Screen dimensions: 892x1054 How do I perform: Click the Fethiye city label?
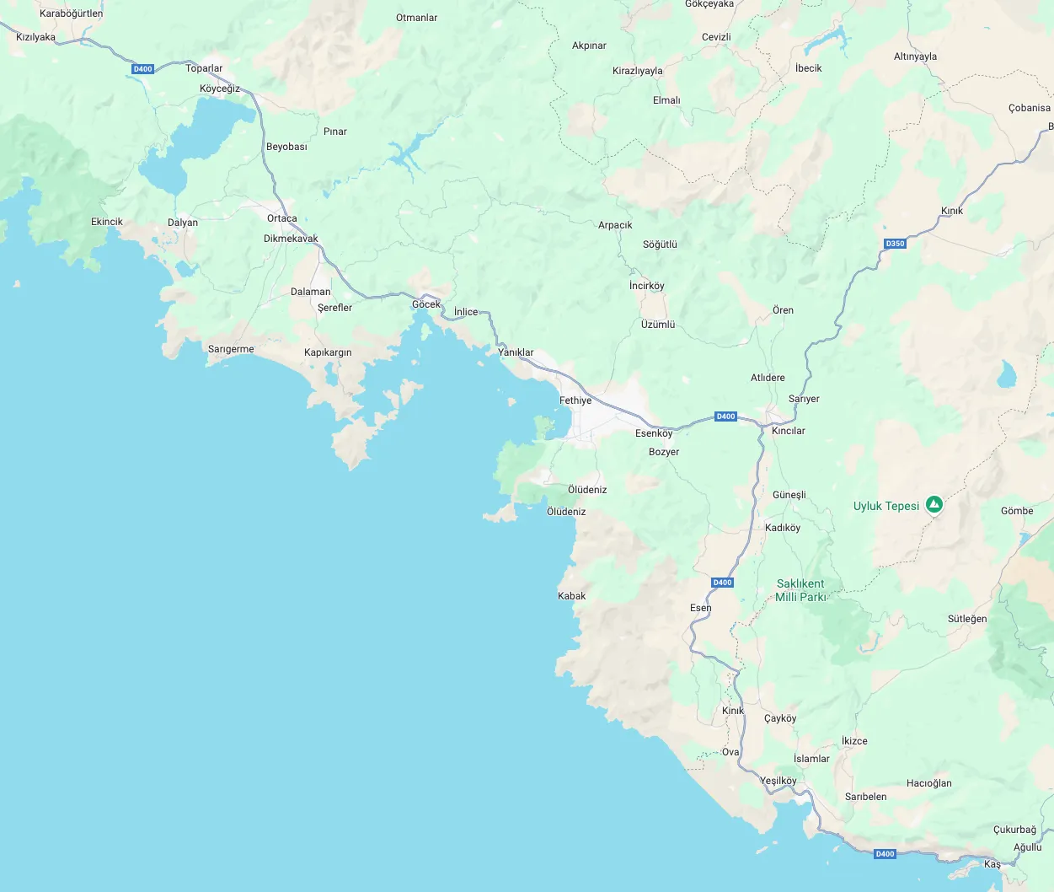[575, 400]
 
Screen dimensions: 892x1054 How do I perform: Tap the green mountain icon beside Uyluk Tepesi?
[934, 505]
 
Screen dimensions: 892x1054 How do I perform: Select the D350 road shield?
[895, 244]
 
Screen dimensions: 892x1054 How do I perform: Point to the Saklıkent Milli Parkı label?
[800, 590]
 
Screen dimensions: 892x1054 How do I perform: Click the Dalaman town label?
[311, 292]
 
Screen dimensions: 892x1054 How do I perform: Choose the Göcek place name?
[426, 304]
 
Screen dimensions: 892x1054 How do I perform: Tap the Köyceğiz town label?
[220, 89]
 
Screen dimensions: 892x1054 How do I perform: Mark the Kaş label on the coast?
[992, 864]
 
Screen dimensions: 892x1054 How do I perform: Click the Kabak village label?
[571, 596]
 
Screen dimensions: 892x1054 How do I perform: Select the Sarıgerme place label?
[231, 349]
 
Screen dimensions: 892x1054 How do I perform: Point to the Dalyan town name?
[183, 223]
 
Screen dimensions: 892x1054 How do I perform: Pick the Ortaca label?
[282, 218]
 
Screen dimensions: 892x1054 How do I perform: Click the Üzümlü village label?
[658, 325]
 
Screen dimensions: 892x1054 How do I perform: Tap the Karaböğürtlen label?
[72, 13]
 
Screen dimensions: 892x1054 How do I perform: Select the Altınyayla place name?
[915, 56]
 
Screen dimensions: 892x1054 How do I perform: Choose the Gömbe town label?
[1017, 511]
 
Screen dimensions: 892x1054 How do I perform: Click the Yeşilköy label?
[778, 781]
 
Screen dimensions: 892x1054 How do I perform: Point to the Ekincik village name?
[107, 222]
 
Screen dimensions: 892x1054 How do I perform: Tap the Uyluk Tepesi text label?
[886, 506]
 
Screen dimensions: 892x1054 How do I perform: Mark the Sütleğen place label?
[967, 619]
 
